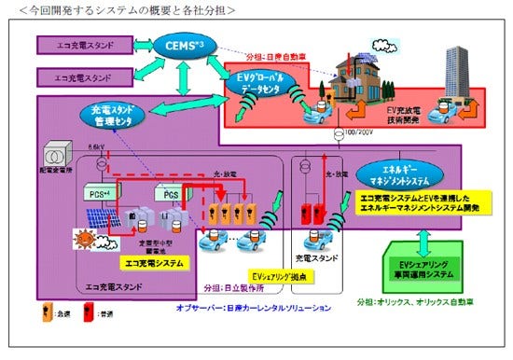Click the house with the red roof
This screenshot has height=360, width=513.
359,77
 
